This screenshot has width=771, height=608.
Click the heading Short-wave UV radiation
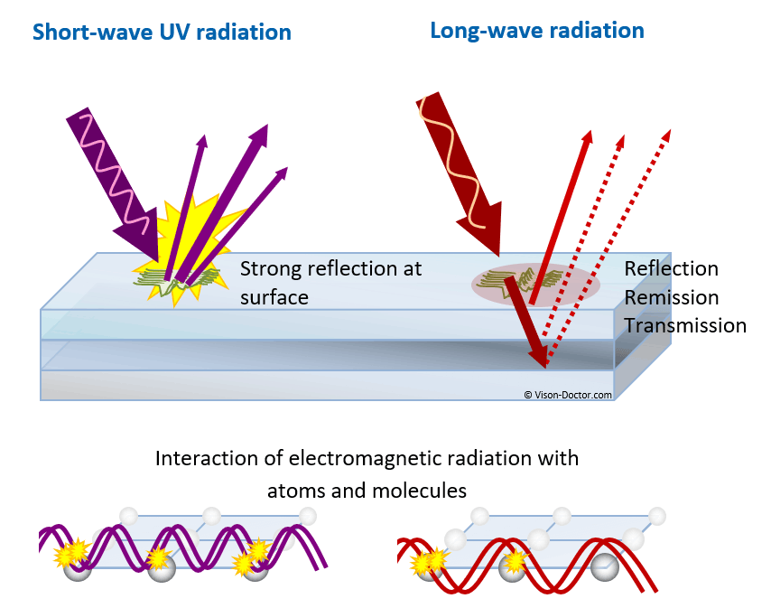162,33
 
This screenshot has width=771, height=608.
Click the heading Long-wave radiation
536,30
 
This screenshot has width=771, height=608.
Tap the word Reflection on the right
671,268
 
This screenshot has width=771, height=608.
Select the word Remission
671,297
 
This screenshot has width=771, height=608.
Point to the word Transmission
684,325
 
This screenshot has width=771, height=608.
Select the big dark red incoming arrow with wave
460,172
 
